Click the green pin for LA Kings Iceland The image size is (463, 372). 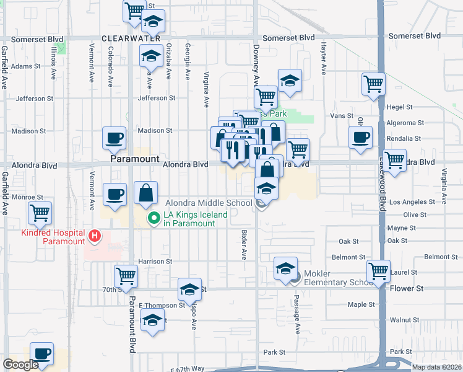coord(153,218)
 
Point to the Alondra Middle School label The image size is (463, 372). coord(209,203)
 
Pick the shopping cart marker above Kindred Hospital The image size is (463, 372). coord(40,213)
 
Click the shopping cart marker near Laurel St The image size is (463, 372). coord(378,270)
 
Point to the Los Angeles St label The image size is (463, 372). coord(411,202)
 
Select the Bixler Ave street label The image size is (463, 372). coord(244,246)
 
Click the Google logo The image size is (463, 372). coord(21,365)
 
